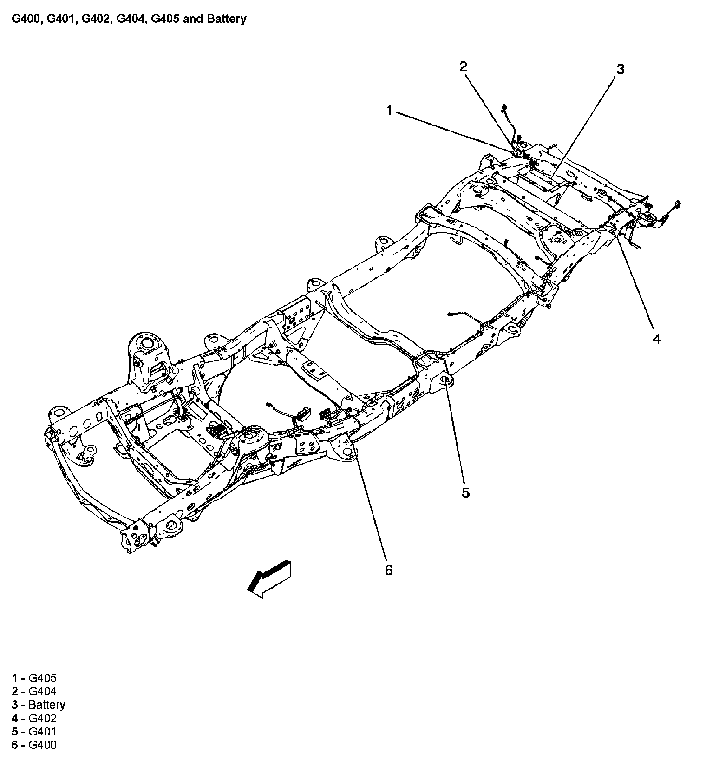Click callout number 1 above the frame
pyautogui.click(x=389, y=110)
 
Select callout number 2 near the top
pyautogui.click(x=463, y=66)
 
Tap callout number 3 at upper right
pyautogui.click(x=620, y=69)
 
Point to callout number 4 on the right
pyautogui.click(x=656, y=339)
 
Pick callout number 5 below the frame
pyautogui.click(x=465, y=492)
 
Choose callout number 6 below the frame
pyautogui.click(x=388, y=570)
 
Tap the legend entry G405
pyautogui.click(x=42, y=678)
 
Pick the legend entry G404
pyautogui.click(x=42, y=691)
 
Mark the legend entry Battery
pyautogui.click(x=46, y=705)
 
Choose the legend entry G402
pyautogui.click(x=42, y=718)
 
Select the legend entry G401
pyautogui.click(x=42, y=732)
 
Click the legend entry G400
pyautogui.click(x=42, y=745)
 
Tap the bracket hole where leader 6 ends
pyautogui.click(x=347, y=453)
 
